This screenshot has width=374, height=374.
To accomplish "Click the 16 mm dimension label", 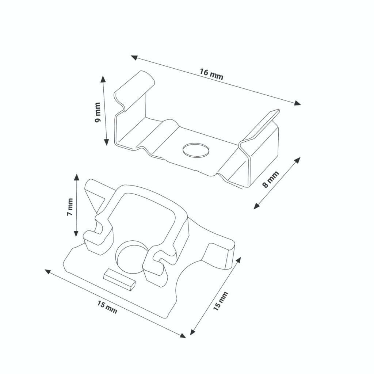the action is (211, 74).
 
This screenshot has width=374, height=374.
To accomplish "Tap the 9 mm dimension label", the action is (98, 112).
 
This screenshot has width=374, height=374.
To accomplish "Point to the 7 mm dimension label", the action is (70, 207).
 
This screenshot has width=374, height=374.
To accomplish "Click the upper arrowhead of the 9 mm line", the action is (103, 79).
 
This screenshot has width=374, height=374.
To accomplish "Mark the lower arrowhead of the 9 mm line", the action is (107, 142).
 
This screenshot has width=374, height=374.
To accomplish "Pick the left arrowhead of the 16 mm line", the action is (134, 57).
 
